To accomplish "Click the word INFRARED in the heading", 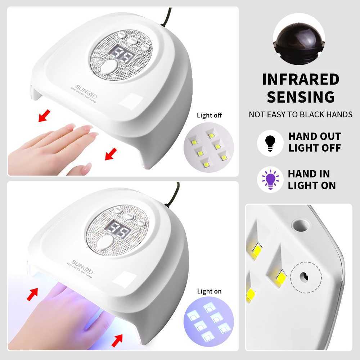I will (301, 79).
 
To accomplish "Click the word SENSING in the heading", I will (301, 97).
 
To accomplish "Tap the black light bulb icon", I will (270, 143).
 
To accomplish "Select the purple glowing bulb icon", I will (270, 180).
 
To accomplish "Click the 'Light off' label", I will (209, 116).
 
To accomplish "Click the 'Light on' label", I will (209, 291).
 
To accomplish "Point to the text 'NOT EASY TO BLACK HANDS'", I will (301, 115).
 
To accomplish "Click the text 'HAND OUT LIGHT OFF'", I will (314, 142).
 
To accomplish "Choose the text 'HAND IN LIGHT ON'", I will (311, 180).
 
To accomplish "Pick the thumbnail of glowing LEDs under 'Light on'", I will (209, 321).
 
